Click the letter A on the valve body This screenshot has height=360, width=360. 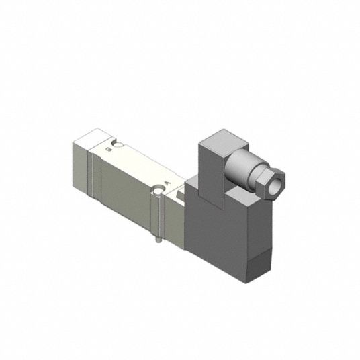168,183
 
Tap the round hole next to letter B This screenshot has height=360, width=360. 118,145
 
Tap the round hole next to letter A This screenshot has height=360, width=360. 159,191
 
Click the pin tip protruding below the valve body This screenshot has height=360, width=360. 159,241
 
